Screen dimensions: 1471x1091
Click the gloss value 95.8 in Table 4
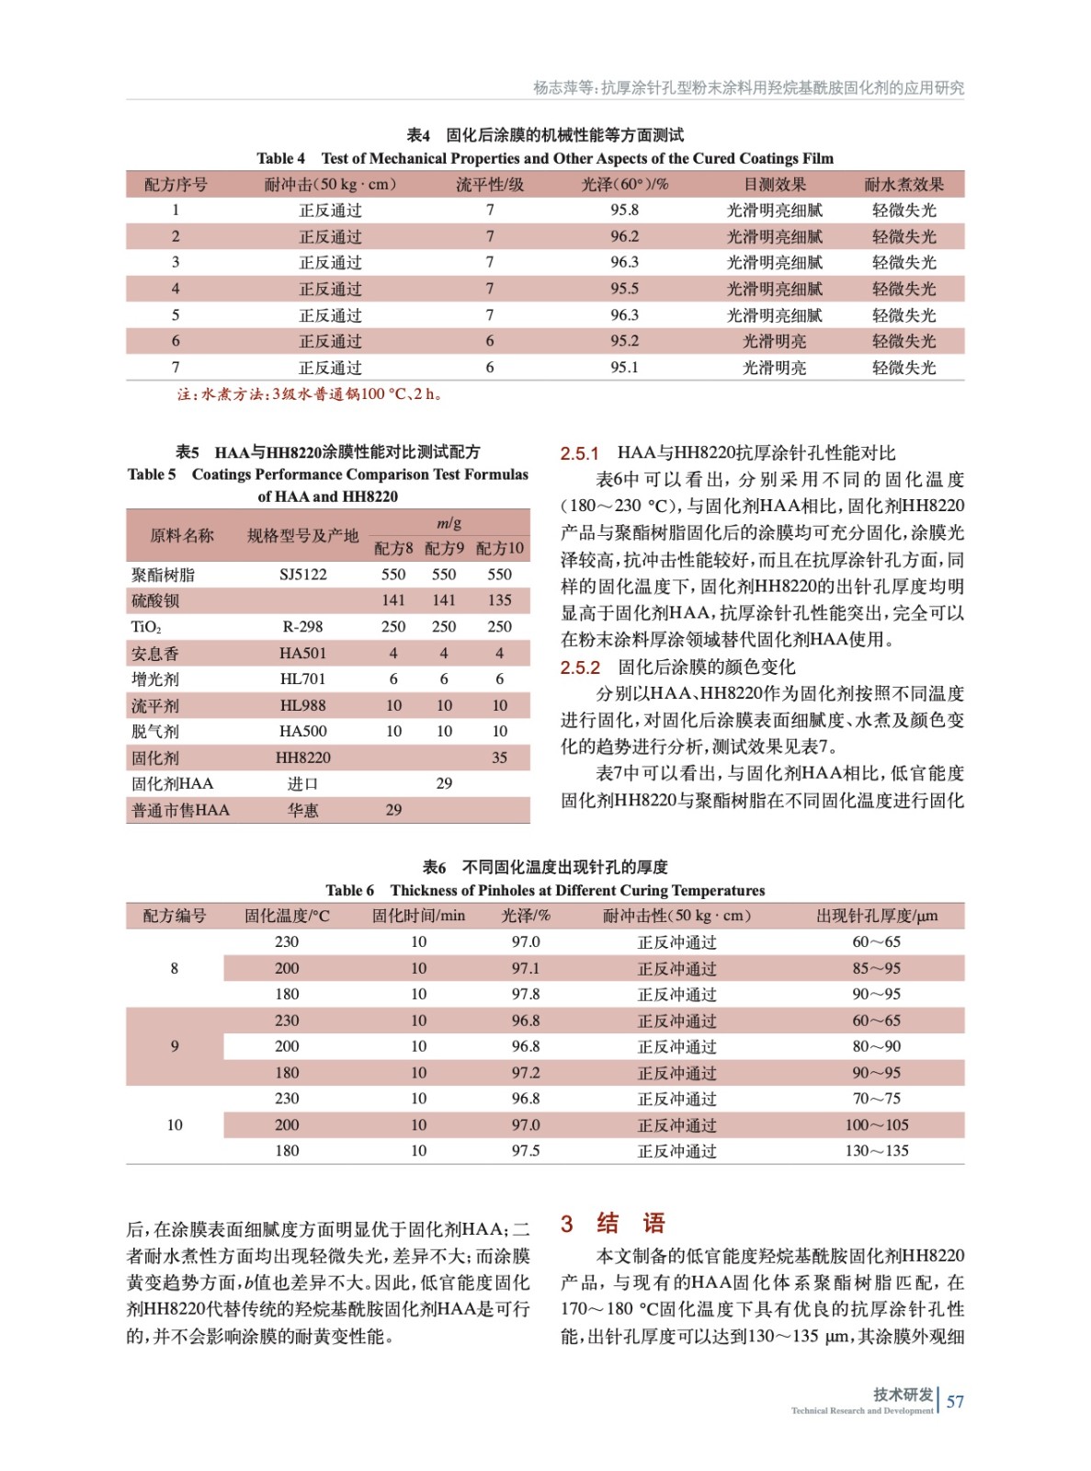[x=624, y=211]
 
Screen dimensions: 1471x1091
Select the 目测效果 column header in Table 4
[x=774, y=185]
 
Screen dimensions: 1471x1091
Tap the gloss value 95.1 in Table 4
[x=624, y=368]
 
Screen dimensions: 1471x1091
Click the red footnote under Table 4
[x=311, y=394]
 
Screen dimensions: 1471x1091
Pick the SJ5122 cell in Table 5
[x=302, y=575]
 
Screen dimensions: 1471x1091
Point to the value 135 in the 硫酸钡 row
[x=499, y=600]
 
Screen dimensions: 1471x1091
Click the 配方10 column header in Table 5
[x=499, y=549]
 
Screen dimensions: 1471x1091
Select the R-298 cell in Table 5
[x=302, y=627]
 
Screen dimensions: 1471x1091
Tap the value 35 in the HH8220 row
[x=499, y=758]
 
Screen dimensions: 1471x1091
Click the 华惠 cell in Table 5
[x=302, y=811]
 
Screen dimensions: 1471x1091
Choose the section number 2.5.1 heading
[x=580, y=453]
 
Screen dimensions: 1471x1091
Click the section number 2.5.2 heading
[x=580, y=667]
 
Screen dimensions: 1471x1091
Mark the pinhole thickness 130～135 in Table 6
[x=876, y=1151]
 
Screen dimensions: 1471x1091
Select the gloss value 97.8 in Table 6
[x=526, y=995]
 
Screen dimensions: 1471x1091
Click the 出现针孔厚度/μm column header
[x=876, y=916]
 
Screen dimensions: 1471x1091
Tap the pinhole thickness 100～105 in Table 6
[x=876, y=1125]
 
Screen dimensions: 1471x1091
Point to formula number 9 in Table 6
[x=175, y=1047]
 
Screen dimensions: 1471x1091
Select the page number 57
[x=955, y=1402]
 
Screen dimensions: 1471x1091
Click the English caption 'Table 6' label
[x=349, y=891]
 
